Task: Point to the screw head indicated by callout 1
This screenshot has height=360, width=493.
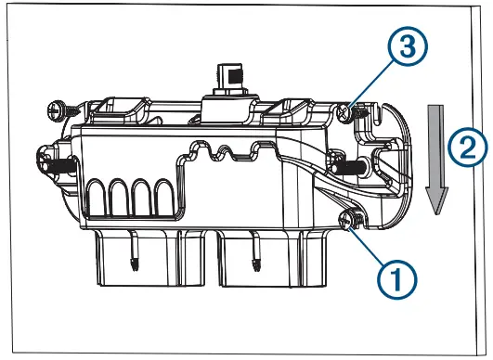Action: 350,220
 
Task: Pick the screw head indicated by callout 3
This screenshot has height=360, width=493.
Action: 347,112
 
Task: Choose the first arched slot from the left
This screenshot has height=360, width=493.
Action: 97,198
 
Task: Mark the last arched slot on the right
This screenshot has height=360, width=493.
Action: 163,198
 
